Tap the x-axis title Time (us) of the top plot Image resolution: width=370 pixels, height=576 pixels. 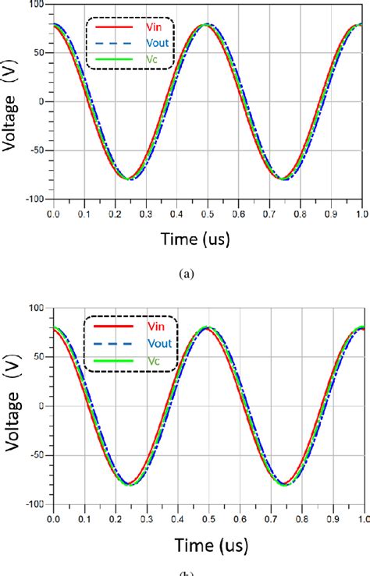(205, 239)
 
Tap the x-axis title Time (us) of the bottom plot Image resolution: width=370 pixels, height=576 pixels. (205, 544)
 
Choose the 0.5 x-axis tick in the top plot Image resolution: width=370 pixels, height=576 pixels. (206, 212)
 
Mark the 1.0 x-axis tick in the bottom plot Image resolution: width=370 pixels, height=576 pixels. (360, 518)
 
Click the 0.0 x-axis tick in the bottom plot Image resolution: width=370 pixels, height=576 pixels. (53, 518)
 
